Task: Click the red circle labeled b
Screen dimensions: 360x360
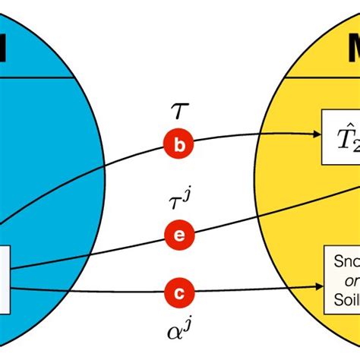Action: [179, 147]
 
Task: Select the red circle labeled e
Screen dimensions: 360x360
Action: [179, 235]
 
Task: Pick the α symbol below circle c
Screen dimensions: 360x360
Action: [175, 332]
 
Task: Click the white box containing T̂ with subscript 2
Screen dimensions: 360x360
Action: [340, 137]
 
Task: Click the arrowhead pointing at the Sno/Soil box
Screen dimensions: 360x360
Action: [317, 287]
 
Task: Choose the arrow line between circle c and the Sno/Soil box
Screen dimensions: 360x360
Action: [251, 289]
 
